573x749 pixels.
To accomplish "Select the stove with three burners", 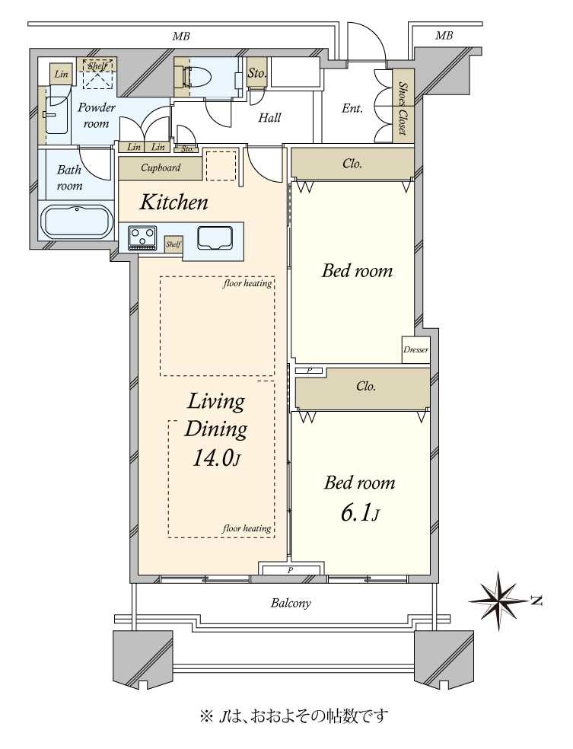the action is click(142, 237).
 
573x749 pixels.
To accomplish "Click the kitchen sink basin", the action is click(215, 237).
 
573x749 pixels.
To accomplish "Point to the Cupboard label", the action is click(161, 167).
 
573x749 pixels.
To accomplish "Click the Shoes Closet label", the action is click(403, 108).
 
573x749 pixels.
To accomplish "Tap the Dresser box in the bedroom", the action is click(415, 349).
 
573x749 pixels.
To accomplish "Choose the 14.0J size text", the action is click(216, 458).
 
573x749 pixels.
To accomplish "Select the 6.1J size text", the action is click(360, 514).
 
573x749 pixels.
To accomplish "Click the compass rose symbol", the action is click(501, 601).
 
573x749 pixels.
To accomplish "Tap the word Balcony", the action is click(291, 603).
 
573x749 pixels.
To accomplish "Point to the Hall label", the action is click(269, 117).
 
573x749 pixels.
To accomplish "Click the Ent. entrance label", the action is click(352, 108).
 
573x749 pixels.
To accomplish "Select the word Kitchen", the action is click(173, 202).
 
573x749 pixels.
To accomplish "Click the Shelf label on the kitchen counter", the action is click(173, 244).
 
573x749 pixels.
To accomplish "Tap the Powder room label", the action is click(97, 115).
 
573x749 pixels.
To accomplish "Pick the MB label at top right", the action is click(444, 35).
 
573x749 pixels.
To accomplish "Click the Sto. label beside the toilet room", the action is click(256, 74).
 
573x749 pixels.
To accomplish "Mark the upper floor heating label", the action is click(247, 283).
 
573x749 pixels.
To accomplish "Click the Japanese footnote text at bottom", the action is click(294, 716).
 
